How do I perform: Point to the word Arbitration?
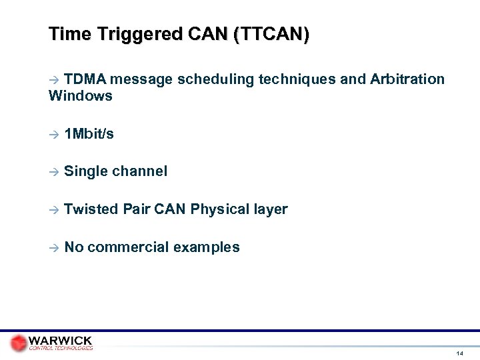(x=405, y=80)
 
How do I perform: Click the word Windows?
(x=80, y=96)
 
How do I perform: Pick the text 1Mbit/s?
(x=89, y=134)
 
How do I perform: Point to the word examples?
(x=206, y=247)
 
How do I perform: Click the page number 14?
(x=459, y=353)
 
